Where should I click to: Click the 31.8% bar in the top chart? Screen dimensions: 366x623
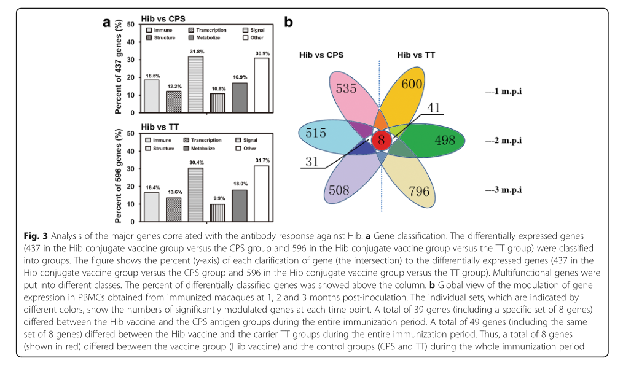[x=196, y=84]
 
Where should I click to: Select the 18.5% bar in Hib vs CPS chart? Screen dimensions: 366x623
[x=152, y=96]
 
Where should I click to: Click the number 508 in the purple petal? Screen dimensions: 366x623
[x=339, y=190]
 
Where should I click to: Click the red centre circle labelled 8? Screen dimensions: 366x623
[x=381, y=139]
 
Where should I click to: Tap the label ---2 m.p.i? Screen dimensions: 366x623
[x=504, y=140]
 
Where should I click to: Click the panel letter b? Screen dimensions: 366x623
[x=288, y=23]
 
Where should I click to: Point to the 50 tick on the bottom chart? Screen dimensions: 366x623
[x=131, y=133]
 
